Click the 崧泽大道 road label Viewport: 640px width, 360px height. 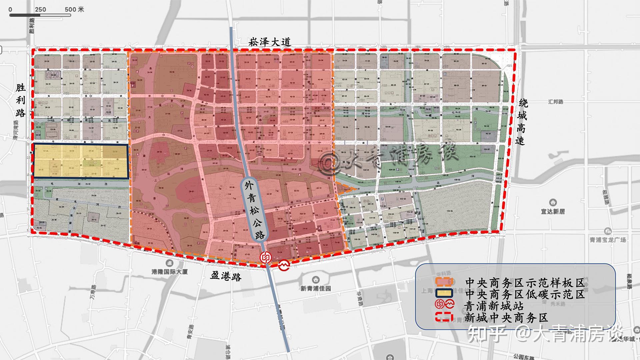pyautogui.click(x=270, y=42)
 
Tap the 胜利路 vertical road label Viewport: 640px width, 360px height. pyautogui.click(x=20, y=100)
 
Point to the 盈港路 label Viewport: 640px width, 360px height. pyautogui.click(x=226, y=276)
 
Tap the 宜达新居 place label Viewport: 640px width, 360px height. pyautogui.click(x=553, y=211)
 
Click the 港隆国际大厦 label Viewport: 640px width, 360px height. pyautogui.click(x=170, y=272)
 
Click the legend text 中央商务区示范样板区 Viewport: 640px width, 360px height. pyautogui.click(x=525, y=283)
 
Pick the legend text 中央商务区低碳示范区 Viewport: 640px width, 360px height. pyautogui.click(x=525, y=294)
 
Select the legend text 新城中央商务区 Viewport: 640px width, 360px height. pyautogui.click(x=506, y=318)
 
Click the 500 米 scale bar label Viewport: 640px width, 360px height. pyautogui.click(x=74, y=9)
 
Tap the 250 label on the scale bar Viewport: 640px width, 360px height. pyautogui.click(x=40, y=9)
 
